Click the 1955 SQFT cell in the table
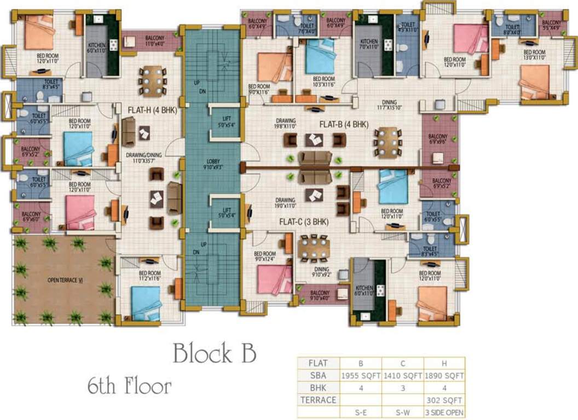pos(361,376)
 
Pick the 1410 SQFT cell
pos(402,376)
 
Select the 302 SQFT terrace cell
pos(444,400)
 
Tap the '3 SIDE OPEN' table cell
pos(444,412)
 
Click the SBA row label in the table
pos(318,376)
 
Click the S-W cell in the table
pos(402,412)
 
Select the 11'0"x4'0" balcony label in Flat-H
pos(155,40)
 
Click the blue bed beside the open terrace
pos(146,301)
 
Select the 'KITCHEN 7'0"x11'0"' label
pos(368,44)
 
